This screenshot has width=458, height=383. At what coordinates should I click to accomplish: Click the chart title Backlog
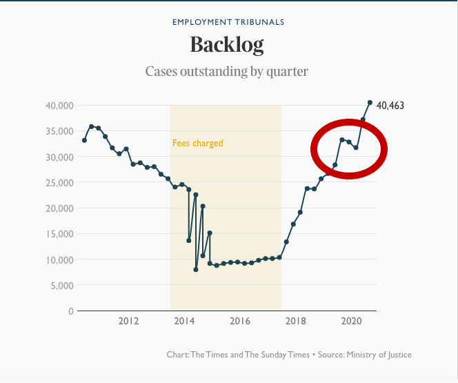[x=227, y=45]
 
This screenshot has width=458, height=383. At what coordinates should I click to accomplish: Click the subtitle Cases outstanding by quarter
[x=227, y=71]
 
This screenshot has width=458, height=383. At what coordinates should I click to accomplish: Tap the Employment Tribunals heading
[x=228, y=22]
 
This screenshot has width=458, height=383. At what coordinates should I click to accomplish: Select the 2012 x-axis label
[x=129, y=322]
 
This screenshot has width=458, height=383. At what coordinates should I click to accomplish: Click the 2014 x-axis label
[x=184, y=322]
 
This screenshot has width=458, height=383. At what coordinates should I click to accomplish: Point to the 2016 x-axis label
[x=240, y=322]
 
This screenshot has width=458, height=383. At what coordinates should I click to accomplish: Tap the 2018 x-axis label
[x=296, y=322]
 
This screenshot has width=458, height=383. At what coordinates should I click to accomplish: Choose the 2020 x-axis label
[x=352, y=322]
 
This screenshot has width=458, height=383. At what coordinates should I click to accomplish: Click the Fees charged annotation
[x=198, y=144]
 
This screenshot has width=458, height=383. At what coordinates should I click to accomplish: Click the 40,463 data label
[x=390, y=106]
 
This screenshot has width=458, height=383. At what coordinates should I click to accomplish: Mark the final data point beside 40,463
[x=370, y=103]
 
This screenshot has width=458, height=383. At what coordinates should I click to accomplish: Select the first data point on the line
[x=84, y=140]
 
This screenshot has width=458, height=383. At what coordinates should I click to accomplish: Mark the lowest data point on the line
[x=196, y=269]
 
